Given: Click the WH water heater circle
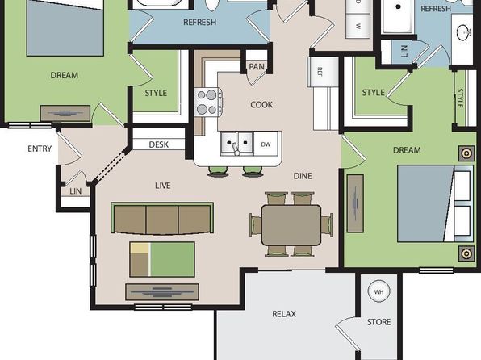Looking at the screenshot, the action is pyautogui.click(x=379, y=291).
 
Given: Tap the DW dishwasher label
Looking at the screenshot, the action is pyautogui.click(x=266, y=144).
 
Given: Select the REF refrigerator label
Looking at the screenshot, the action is pyautogui.click(x=320, y=72).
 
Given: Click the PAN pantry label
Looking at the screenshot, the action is pyautogui.click(x=257, y=67).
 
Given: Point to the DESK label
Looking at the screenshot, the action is pyautogui.click(x=159, y=144).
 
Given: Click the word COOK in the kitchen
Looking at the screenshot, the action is pyautogui.click(x=261, y=105).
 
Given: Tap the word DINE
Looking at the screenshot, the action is pyautogui.click(x=303, y=176).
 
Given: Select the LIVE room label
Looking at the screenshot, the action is pyautogui.click(x=162, y=186).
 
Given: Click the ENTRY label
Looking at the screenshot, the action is pyautogui.click(x=40, y=149).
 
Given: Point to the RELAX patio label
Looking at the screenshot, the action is pyautogui.click(x=284, y=314).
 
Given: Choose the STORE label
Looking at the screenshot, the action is pyautogui.click(x=379, y=322).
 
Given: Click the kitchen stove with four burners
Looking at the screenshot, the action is pyautogui.click(x=208, y=103).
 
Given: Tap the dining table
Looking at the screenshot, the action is pyautogui.click(x=291, y=225).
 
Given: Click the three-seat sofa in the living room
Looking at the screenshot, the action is pyautogui.click(x=162, y=219).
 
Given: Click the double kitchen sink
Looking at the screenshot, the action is pyautogui.click(x=236, y=143).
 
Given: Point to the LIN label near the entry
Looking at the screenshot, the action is pyautogui.click(x=76, y=191).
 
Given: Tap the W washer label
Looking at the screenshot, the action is pyautogui.click(x=358, y=27).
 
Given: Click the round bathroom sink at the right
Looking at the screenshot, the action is pyautogui.click(x=463, y=32).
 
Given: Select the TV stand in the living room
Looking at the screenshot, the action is pyautogui.click(x=162, y=292).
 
